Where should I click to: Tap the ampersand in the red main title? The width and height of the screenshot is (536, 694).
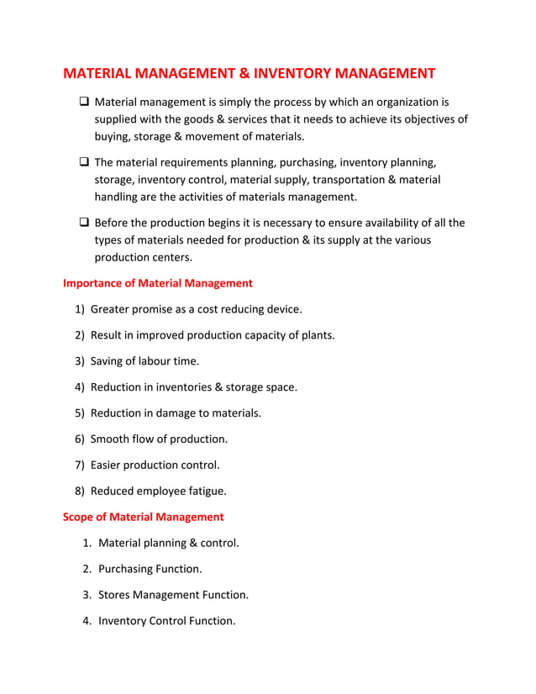241,74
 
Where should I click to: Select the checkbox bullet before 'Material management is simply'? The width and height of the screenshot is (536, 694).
84,103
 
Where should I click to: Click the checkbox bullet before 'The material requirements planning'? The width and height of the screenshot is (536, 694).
84,162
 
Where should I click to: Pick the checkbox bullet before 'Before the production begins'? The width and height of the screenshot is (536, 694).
84,223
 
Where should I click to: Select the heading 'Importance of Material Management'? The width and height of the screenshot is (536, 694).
158,283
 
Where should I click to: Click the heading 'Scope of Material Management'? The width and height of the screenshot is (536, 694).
144,517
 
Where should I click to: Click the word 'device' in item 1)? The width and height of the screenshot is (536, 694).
281,309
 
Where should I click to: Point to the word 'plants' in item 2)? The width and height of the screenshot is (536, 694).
316,335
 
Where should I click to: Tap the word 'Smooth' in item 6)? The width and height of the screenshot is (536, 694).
111,439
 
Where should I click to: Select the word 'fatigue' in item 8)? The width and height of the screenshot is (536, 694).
205,491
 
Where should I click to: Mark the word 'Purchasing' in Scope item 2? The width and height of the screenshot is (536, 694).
127,569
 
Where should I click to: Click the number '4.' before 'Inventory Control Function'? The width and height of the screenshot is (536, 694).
87,621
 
